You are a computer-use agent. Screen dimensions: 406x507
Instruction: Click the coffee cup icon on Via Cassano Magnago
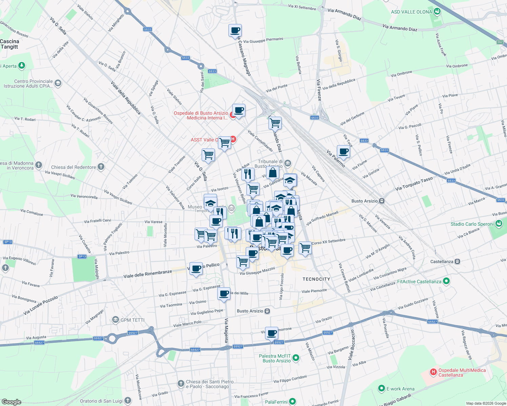point(235,31)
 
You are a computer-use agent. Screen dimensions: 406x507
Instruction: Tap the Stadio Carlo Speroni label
point(472,224)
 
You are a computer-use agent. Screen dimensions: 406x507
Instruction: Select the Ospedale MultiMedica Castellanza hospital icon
point(433,372)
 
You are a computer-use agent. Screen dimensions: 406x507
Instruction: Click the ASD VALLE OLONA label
point(411,12)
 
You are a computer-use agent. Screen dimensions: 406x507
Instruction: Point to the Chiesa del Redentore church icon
point(101,166)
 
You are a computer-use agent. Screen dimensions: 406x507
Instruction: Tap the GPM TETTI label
point(133,320)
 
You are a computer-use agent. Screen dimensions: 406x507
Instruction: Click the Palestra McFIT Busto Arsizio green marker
point(296,358)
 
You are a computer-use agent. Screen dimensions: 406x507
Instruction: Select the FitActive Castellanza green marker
point(446,281)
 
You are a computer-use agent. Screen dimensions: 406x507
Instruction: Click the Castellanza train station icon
point(457,262)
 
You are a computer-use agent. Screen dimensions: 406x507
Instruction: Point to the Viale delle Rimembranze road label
point(147,274)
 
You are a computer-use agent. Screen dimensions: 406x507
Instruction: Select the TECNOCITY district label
point(316,279)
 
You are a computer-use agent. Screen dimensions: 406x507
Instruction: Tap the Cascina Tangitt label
point(9,44)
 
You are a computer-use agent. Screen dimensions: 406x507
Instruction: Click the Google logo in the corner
point(11,402)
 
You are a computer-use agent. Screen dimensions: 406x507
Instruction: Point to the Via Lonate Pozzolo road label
point(41,305)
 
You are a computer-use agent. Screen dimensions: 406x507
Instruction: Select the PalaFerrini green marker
point(292,402)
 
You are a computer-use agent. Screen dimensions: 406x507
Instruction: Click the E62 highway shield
point(500,42)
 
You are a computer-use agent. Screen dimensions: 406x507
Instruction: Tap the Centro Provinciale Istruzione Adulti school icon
point(58,83)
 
